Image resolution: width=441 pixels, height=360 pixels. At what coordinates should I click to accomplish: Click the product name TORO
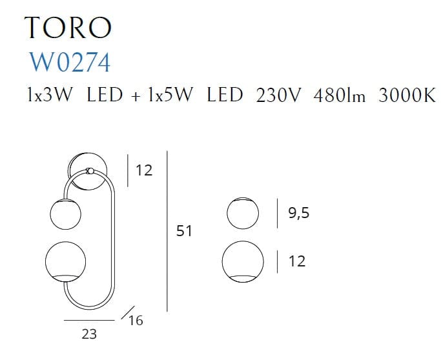pyautogui.click(x=68, y=27)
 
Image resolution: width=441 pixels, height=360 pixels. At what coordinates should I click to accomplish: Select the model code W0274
pyautogui.click(x=70, y=62)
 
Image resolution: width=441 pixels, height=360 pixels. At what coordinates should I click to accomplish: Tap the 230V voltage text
pyautogui.click(x=279, y=95)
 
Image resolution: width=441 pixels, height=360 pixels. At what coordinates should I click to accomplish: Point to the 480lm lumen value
pyautogui.click(x=339, y=95)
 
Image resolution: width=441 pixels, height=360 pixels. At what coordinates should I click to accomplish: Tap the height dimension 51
pyautogui.click(x=184, y=230)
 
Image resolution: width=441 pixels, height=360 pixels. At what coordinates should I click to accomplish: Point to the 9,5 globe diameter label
pyautogui.click(x=298, y=212)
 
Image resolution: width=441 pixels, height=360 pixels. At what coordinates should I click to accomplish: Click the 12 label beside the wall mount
pyautogui.click(x=144, y=171)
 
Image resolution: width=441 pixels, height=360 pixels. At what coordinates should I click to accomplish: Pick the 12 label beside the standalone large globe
pyautogui.click(x=298, y=261)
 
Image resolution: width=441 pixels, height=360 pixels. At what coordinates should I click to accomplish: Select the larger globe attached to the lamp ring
pyautogui.click(x=67, y=261)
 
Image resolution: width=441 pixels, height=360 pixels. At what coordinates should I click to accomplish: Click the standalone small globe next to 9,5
pyautogui.click(x=242, y=212)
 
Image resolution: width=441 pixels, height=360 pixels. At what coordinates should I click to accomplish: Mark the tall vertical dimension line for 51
pyautogui.click(x=167, y=231)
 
